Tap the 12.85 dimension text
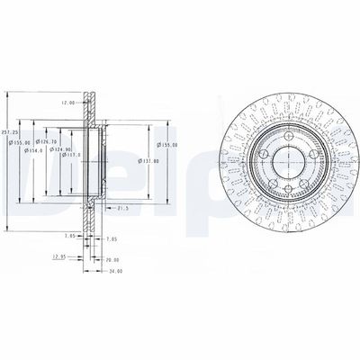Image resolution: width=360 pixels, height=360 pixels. [59, 256]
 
